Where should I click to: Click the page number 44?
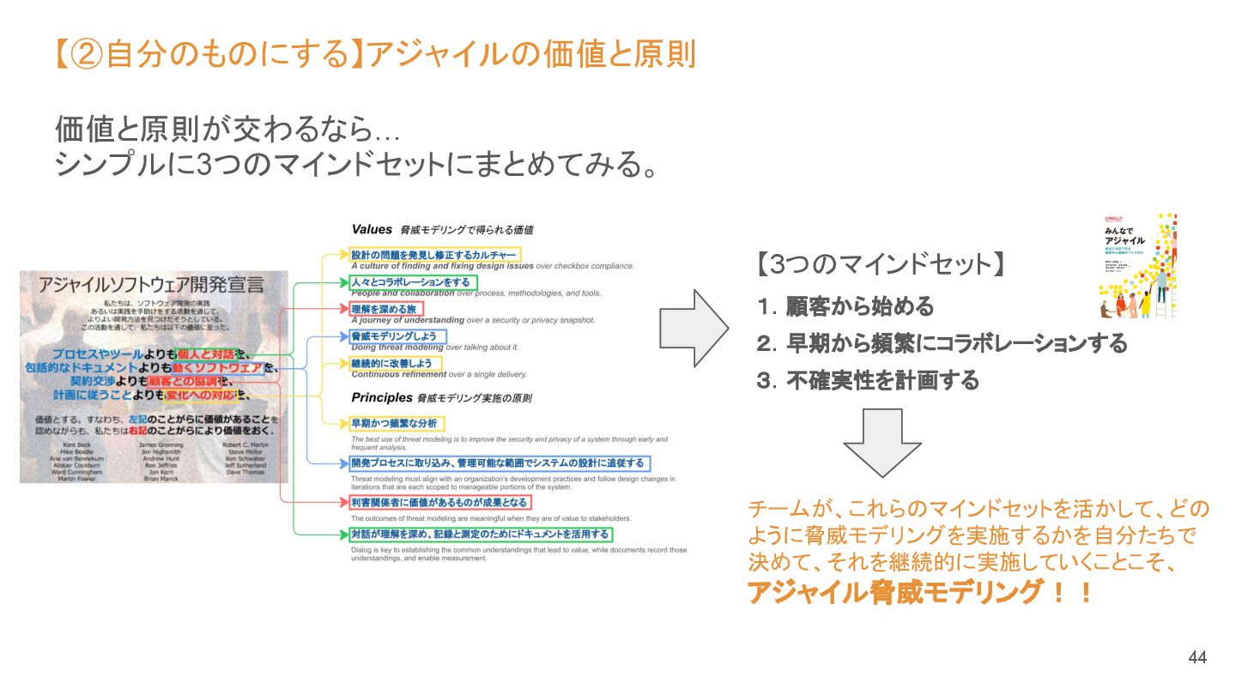(x=1197, y=658)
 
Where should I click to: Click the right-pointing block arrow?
(x=693, y=329)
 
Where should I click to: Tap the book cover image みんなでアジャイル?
(x=1137, y=266)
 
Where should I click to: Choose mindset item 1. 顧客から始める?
(x=845, y=306)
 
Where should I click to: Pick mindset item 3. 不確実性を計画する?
(x=868, y=380)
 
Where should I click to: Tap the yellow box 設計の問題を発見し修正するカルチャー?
(x=434, y=255)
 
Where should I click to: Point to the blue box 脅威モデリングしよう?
(x=397, y=336)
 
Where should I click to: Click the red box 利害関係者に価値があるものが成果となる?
(x=439, y=502)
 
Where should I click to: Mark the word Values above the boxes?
(x=372, y=229)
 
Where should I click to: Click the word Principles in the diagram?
(x=380, y=398)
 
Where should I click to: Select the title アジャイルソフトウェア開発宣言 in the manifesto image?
(x=151, y=285)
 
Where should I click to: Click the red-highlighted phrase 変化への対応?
(x=200, y=396)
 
